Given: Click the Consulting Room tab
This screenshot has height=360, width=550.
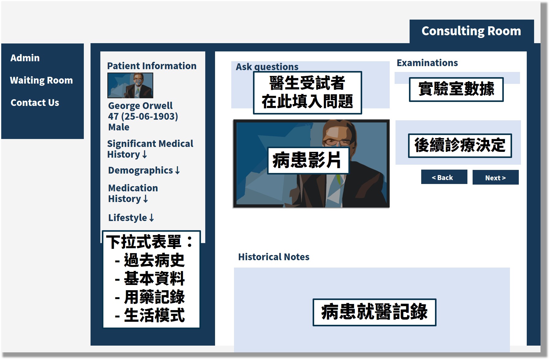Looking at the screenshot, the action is tap(471, 31).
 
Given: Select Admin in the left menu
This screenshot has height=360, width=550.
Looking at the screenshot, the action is tap(25, 58).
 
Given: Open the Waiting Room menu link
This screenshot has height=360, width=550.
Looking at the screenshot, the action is tap(41, 80).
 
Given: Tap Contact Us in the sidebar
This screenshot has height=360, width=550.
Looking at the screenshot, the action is tap(35, 103).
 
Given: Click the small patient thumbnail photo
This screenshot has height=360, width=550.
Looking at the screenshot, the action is tap(130, 85).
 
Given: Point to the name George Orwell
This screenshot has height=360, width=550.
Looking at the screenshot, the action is tap(140, 106).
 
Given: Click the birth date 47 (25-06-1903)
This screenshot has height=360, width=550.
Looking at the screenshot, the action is tap(143, 116).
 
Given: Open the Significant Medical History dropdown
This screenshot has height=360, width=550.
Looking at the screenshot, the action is tap(150, 149).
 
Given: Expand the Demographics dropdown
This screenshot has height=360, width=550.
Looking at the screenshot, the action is tap(144, 170).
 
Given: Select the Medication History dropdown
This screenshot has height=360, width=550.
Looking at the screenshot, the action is tap(133, 193).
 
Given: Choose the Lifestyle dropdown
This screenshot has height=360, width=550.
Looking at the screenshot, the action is tap(131, 218).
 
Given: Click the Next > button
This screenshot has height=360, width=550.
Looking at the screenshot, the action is tap(496, 178).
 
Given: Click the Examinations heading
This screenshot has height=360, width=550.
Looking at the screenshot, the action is tap(427, 63).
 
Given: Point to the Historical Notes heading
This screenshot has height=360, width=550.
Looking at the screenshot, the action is tap(274, 257).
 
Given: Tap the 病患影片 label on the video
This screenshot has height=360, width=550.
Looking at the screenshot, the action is tap(308, 160).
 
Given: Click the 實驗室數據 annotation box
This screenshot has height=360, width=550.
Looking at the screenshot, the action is tap(456, 89).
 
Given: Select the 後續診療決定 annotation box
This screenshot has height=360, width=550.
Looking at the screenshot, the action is tap(460, 146).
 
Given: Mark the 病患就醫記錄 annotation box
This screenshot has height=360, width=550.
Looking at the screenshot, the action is tap(374, 312).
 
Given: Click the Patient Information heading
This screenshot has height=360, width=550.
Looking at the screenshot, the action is tap(152, 66).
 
